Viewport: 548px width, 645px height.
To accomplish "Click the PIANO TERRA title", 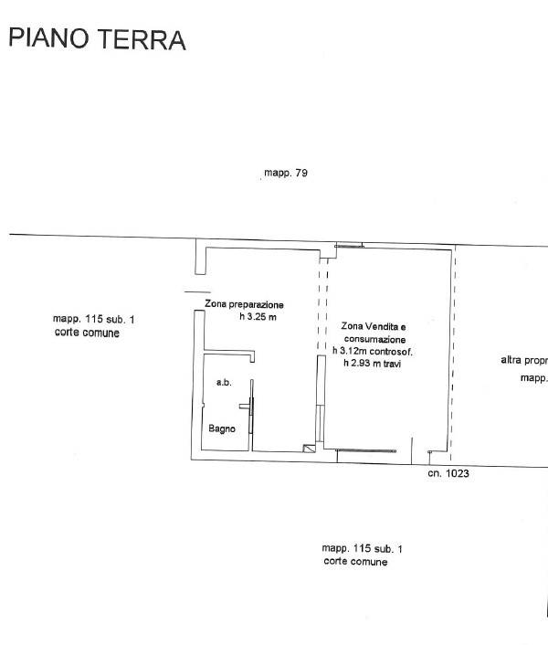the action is click(97, 39).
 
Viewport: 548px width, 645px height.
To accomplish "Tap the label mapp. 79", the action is click(286, 173).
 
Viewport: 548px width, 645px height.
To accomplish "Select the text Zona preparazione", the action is click(244, 304).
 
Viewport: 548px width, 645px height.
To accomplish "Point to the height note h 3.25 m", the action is click(258, 316).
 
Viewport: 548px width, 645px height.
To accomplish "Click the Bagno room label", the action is click(222, 428).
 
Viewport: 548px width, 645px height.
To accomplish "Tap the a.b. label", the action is click(224, 383).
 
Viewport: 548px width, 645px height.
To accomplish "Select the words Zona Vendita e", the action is click(374, 327).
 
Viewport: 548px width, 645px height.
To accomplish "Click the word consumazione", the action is click(375, 339).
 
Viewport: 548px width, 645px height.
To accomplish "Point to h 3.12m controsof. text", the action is click(373, 352).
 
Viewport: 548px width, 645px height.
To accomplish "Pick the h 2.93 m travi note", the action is click(373, 364).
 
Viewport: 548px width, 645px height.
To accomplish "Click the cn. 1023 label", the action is click(448, 473).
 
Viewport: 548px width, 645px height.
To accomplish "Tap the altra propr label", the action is click(524, 360).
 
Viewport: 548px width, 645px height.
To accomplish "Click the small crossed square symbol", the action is click(309, 449).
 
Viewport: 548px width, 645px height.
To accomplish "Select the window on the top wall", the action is click(349, 246).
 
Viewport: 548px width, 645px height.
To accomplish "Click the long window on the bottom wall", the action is click(366, 450).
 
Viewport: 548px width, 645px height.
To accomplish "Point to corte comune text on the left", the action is click(87, 333).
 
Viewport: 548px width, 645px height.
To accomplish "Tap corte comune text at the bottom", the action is click(355, 562).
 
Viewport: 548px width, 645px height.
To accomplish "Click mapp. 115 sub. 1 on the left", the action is click(94, 319).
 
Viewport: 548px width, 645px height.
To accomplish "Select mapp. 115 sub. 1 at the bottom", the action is click(363, 548).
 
